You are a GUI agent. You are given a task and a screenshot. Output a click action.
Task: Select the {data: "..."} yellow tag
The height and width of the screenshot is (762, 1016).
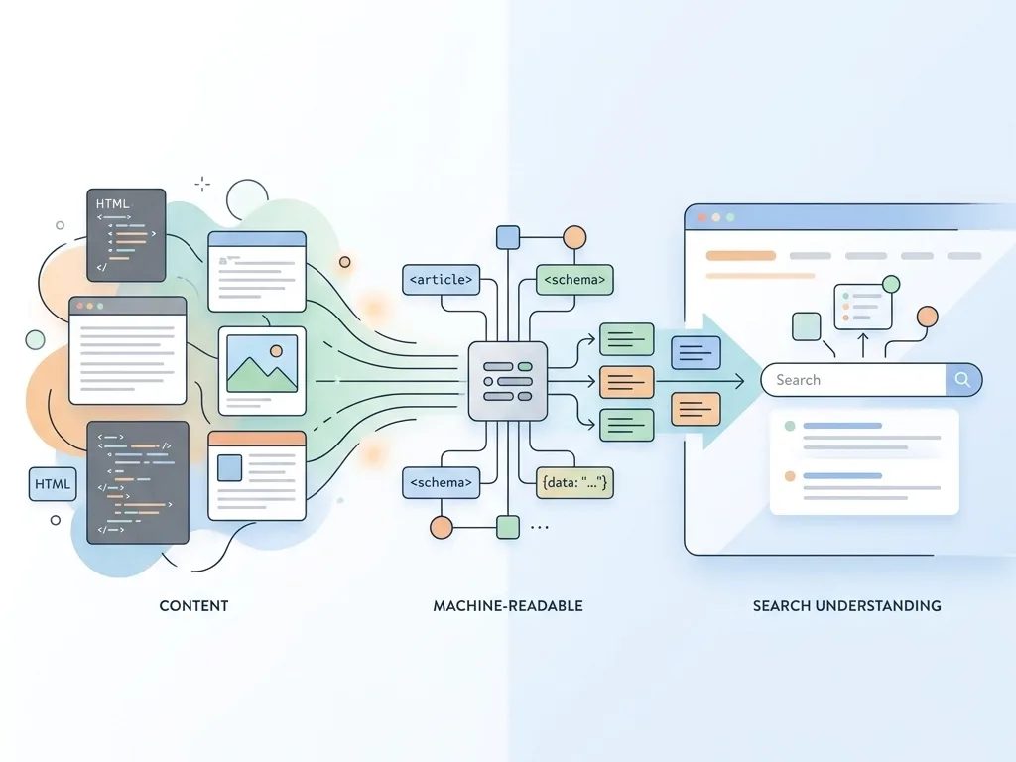[x=574, y=483]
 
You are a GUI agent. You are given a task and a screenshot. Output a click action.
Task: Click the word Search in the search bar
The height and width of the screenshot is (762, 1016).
[x=798, y=379]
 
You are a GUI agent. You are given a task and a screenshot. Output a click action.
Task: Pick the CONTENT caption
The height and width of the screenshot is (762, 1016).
[x=193, y=605]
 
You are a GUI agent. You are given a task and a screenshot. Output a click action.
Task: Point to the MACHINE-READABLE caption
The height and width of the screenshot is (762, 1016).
[x=508, y=605]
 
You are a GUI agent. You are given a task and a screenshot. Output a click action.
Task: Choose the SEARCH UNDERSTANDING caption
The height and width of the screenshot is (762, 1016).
[x=846, y=605]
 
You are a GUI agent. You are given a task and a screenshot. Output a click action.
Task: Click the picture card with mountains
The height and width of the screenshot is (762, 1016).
[x=262, y=370]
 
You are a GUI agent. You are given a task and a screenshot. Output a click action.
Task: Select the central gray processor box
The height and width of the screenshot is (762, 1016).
[x=507, y=380]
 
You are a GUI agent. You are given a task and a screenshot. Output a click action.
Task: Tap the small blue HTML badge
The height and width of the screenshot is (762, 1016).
[x=53, y=484]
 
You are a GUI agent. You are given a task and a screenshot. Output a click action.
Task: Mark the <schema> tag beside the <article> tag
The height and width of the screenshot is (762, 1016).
[x=574, y=280]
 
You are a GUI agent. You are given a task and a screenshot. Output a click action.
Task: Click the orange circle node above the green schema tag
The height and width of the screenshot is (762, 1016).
[x=574, y=238]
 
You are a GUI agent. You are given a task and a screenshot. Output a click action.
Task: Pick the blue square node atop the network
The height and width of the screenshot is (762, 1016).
[x=507, y=237]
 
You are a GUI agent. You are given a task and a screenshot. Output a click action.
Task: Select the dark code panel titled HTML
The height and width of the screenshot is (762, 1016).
[x=126, y=234]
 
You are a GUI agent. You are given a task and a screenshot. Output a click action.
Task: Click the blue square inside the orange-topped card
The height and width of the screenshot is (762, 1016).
[x=229, y=467]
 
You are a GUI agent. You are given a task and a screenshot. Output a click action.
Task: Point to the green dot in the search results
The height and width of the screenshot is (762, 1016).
[x=790, y=426]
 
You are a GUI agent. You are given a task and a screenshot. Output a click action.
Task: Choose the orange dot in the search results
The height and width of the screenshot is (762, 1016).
[x=790, y=476]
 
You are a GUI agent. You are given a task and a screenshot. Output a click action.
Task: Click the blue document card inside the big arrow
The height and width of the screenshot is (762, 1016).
[x=696, y=352]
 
